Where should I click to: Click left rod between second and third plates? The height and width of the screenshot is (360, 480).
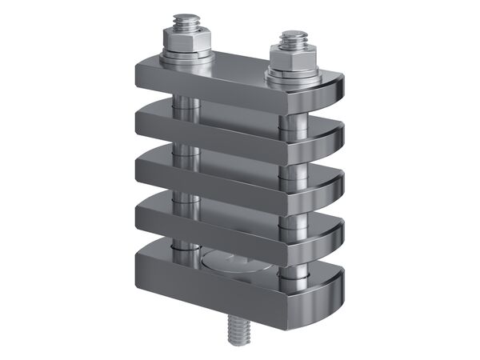click(x=183, y=150)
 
